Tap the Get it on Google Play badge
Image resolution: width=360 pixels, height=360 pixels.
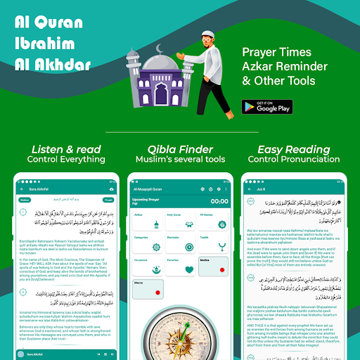(266, 106)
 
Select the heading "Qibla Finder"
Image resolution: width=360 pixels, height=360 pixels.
(179, 149)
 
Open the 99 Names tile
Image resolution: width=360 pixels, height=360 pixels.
(210, 219)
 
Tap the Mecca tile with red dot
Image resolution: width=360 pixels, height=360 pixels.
(148, 289)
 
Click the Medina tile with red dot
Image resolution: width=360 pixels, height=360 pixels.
(210, 266)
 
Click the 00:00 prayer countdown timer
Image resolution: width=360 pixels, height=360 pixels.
(219, 201)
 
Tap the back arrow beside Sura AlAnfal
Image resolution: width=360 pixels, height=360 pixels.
(20, 190)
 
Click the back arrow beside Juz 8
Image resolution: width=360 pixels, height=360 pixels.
(243, 190)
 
